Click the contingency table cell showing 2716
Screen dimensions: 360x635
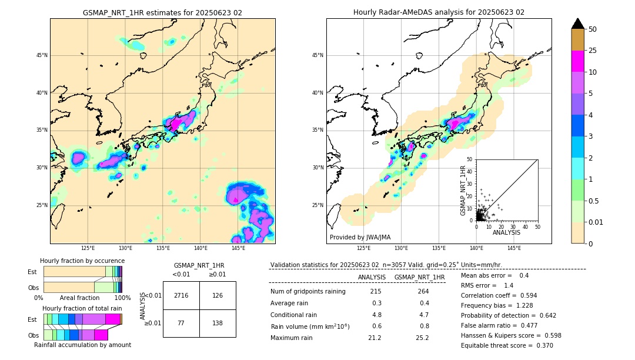(181, 295)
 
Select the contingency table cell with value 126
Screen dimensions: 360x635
(218, 295)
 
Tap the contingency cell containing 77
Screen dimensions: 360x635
(181, 324)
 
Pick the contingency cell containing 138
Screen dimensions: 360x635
(218, 324)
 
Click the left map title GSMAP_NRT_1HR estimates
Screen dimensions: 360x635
(162, 12)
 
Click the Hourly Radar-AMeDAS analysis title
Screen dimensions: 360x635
(439, 12)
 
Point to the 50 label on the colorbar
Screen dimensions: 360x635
(593, 29)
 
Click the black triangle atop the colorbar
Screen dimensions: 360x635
(577, 24)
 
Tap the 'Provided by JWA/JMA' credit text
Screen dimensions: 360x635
(360, 238)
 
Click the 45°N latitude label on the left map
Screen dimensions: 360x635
(42, 55)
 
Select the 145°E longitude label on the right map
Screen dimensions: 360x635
(514, 248)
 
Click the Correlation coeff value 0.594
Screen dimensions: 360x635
(526, 296)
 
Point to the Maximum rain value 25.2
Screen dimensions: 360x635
(422, 338)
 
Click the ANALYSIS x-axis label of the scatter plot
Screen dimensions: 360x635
(506, 232)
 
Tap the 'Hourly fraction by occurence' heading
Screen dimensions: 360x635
(82, 261)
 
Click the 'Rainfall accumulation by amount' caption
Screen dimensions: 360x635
(82, 345)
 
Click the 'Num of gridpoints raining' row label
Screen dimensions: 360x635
(308, 292)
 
